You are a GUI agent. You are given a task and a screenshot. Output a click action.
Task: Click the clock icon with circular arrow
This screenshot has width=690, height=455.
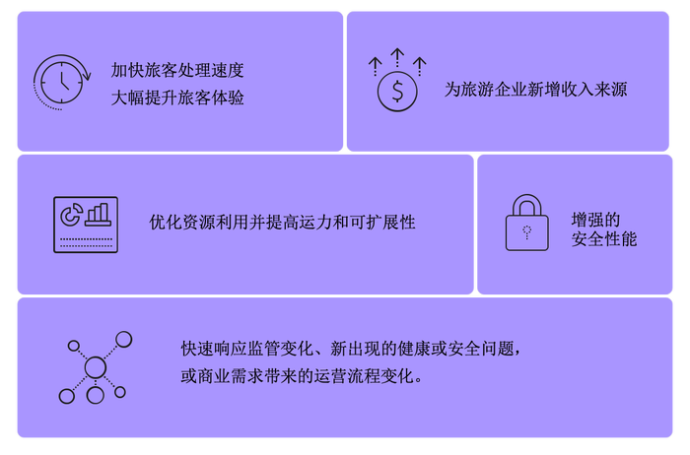(x=61, y=82)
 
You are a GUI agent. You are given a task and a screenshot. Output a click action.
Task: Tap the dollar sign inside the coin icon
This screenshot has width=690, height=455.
(x=397, y=92)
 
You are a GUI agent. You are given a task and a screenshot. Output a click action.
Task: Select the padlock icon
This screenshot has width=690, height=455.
(x=526, y=223)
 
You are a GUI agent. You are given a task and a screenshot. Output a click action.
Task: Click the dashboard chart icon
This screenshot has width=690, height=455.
(x=86, y=225)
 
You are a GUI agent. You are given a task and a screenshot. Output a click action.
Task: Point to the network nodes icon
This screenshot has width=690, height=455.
(x=96, y=367)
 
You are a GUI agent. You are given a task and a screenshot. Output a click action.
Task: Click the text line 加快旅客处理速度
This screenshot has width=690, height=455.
(x=177, y=70)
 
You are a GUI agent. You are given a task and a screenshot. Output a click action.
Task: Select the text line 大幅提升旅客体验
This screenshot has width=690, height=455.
(x=177, y=97)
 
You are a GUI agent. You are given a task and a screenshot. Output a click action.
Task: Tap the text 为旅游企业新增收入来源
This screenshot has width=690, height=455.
(x=535, y=90)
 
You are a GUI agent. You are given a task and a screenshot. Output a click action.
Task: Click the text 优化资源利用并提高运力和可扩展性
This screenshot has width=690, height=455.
(x=282, y=223)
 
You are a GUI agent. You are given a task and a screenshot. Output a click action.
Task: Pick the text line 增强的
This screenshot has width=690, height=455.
(x=595, y=220)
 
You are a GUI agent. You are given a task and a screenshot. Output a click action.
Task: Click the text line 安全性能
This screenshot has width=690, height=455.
(x=604, y=239)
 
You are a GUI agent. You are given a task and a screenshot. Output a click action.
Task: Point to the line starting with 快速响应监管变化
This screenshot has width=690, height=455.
(x=351, y=349)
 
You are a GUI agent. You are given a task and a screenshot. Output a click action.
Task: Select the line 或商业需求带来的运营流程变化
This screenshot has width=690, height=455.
(x=302, y=376)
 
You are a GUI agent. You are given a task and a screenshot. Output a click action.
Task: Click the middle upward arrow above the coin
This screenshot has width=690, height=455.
(x=397, y=57)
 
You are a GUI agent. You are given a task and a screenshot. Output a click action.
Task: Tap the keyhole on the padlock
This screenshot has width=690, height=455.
(x=526, y=232)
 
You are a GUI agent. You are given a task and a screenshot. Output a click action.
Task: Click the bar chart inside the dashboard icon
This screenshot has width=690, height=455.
(x=99, y=215)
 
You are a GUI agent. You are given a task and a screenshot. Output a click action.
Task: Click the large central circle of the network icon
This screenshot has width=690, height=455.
(x=96, y=367)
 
